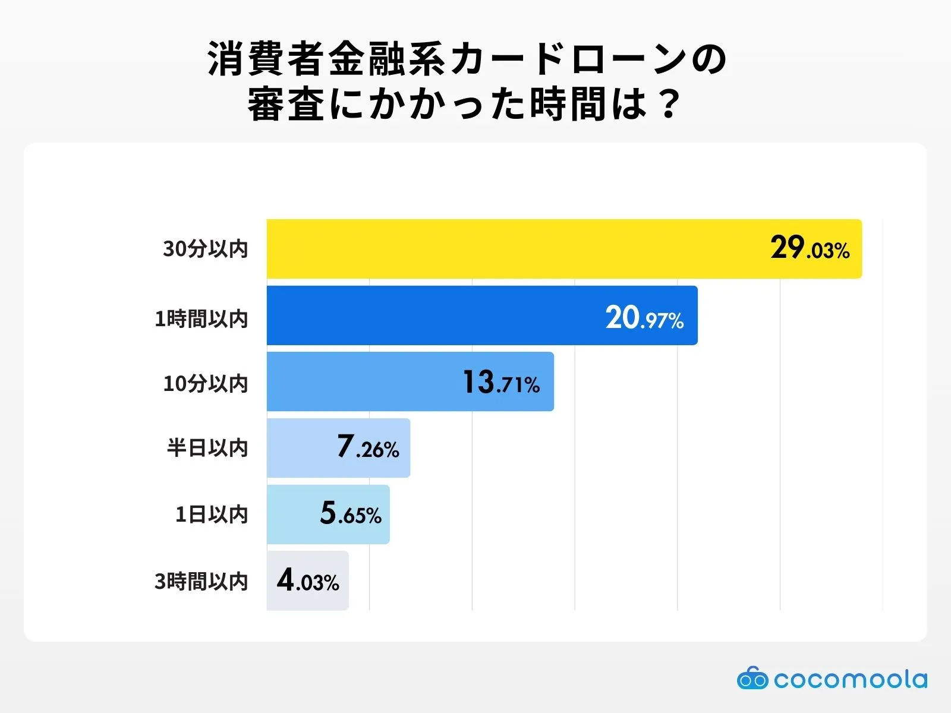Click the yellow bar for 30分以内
point(505,248)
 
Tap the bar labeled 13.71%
point(363,381)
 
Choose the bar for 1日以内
point(291,515)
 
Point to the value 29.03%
point(810,248)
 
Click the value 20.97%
point(644,318)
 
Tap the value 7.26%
point(368,447)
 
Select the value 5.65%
point(351,514)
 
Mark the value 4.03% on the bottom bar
point(308,581)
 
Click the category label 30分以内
point(205,249)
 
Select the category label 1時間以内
point(201,319)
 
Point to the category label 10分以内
point(205,384)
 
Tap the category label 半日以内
point(207,448)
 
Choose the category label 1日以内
point(211,515)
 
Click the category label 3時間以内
point(201,581)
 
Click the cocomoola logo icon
point(752,679)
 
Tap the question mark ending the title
point(669,105)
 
